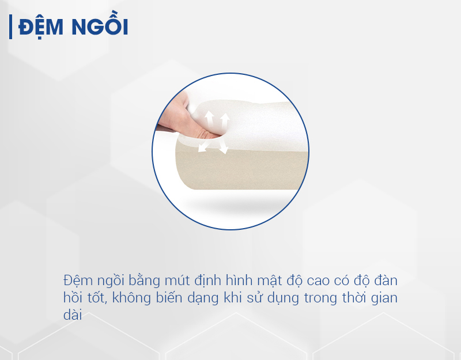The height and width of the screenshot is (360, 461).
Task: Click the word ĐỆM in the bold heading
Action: [x=40, y=26]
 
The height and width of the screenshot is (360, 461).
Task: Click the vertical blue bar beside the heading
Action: [x=10, y=26]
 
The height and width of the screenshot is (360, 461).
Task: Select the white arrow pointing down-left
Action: [x=205, y=146]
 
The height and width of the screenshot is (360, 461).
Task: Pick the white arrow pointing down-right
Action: [x=223, y=146]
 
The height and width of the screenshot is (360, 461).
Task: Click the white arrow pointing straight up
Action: [x=209, y=120]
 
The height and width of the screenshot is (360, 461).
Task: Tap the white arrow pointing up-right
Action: [x=225, y=121]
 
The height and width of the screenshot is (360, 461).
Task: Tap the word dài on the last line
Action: [x=73, y=314]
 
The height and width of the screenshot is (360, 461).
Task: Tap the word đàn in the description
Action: [x=386, y=280]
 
